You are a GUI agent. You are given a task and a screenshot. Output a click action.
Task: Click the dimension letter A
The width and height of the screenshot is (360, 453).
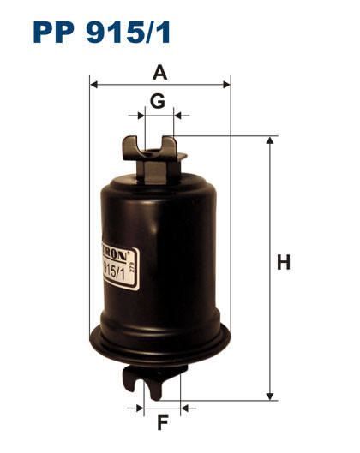click(x=159, y=73)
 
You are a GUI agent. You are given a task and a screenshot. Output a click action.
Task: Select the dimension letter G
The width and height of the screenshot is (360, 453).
click(x=157, y=101)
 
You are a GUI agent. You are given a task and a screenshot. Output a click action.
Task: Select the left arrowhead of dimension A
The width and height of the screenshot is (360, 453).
click(x=94, y=85)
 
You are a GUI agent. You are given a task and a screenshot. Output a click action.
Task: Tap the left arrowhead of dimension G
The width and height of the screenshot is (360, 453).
click(x=139, y=114)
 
